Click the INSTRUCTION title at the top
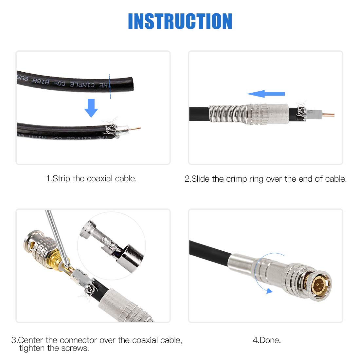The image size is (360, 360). tap(180, 22)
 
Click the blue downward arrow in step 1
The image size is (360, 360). tap(91, 108)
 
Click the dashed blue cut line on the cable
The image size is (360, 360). tap(110, 86)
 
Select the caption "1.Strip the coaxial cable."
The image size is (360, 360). tap(91, 179)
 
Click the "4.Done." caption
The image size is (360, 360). tap(266, 340)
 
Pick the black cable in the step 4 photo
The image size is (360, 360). tap(209, 250)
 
